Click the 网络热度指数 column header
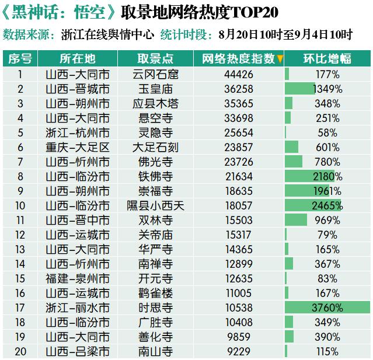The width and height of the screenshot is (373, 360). pos(238,59)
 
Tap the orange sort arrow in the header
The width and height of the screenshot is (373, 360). pos(280,59)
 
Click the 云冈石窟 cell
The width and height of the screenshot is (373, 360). pos(155,74)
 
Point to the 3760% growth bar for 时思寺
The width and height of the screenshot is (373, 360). pos(327,307)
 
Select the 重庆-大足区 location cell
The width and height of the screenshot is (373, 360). pos(78,147)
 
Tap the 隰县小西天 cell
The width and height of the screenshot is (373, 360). pos(155,205)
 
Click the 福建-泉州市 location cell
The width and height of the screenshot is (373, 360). pos(78,278)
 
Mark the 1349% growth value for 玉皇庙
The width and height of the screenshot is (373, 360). pos(327,89)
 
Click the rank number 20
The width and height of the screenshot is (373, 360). pos(20,351)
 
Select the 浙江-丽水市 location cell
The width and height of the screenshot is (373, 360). pos(78,307)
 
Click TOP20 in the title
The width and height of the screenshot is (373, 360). pos(249,12)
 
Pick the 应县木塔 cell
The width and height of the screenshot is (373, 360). pos(155,103)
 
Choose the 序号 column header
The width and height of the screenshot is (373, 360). pos(20,59)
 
